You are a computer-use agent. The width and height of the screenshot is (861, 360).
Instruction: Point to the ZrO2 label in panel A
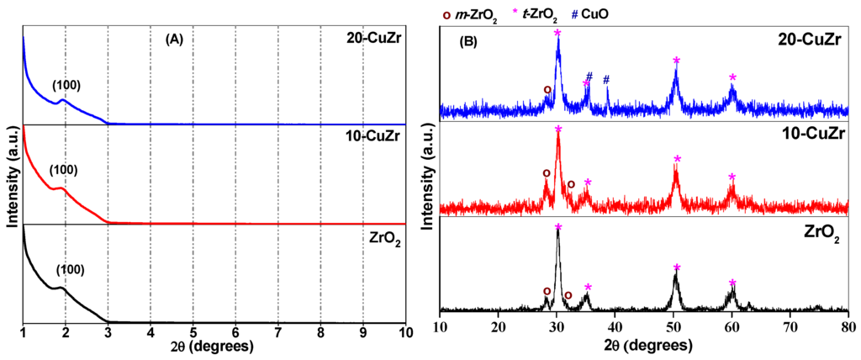[386, 237]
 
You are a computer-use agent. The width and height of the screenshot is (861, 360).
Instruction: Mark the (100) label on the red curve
[64, 170]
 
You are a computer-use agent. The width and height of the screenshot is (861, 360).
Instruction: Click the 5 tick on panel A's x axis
[193, 332]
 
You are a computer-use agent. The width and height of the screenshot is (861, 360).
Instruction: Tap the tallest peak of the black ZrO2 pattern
[557, 232]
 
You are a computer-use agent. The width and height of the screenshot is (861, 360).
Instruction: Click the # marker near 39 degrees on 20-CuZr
[605, 79]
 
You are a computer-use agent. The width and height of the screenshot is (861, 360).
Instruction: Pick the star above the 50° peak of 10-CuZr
[677, 159]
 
